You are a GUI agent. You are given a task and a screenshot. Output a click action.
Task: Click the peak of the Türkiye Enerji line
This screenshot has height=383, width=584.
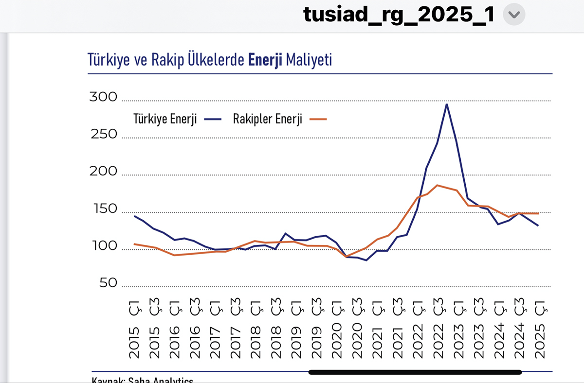pyautogui.click(x=446, y=104)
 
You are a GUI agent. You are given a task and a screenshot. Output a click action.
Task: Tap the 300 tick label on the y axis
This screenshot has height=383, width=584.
pyautogui.click(x=104, y=97)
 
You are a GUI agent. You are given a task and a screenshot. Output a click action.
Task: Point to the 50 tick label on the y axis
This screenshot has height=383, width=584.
pyautogui.click(x=109, y=283)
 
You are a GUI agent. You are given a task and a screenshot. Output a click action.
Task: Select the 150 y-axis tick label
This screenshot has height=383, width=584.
pyautogui.click(x=104, y=209)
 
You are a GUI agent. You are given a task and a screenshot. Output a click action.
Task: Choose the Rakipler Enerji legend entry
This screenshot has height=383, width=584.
pyautogui.click(x=268, y=120)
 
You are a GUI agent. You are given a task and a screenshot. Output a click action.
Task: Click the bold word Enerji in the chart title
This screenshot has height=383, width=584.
pyautogui.click(x=265, y=60)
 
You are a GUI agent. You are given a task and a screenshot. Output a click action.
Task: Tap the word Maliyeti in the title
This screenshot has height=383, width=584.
pyautogui.click(x=309, y=60)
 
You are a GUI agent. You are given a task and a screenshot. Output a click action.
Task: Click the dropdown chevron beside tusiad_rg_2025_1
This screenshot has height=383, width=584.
pyautogui.click(x=513, y=16)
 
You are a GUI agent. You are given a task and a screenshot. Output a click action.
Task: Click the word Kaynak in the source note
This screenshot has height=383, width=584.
pyautogui.click(x=107, y=381)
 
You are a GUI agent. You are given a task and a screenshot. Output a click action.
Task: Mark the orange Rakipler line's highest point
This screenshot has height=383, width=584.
pyautogui.click(x=437, y=185)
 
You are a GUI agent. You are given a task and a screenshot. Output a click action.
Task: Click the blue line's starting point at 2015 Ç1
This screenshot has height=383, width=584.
pyautogui.click(x=134, y=216)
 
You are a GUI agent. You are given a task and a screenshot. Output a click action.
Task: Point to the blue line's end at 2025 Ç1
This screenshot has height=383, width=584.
pyautogui.click(x=538, y=226)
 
